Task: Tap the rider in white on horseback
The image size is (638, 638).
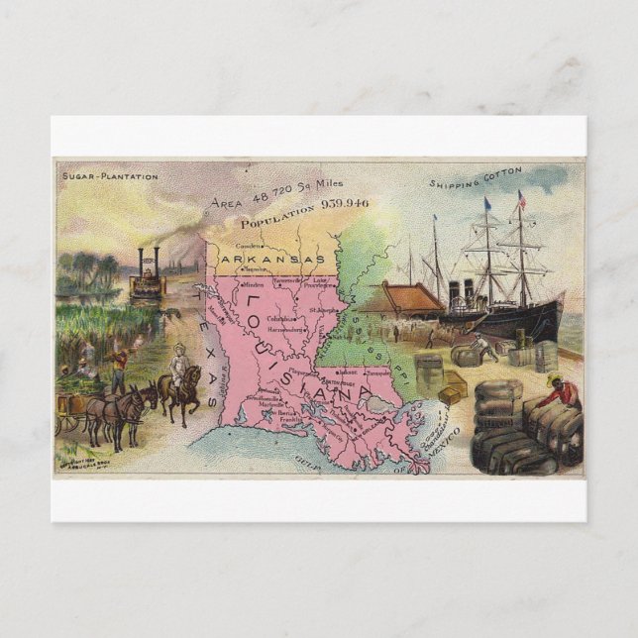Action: coord(179,363)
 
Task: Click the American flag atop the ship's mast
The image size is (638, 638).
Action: coord(521,199)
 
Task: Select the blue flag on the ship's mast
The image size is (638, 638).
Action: coord(487,204)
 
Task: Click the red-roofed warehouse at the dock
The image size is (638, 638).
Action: coord(401,297)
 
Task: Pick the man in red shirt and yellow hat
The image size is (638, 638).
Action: coord(561,391)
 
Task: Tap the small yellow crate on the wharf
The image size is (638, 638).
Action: coord(450,394)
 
